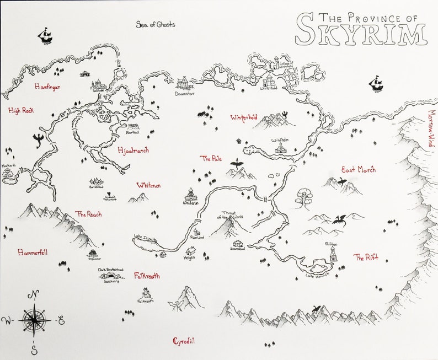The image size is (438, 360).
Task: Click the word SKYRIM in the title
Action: [x=361, y=34]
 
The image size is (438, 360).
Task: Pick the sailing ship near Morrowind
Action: [x=377, y=84]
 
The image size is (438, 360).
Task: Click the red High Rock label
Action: [x=22, y=111]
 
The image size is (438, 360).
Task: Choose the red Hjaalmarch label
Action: [x=133, y=150]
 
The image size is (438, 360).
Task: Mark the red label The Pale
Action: [x=210, y=158]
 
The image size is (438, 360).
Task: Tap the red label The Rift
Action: [x=366, y=257]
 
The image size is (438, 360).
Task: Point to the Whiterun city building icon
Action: [x=191, y=194]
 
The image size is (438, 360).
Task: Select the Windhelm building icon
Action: [x=281, y=149]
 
